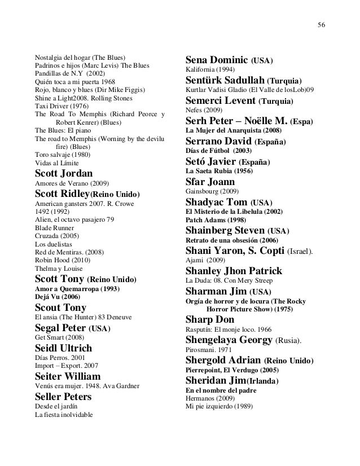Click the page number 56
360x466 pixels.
tap(322, 25)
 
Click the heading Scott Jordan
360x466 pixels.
tap(64, 173)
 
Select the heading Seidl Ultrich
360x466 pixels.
tap(63, 348)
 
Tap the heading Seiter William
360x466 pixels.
tap(68, 376)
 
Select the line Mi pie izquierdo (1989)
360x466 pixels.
tap(219, 407)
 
